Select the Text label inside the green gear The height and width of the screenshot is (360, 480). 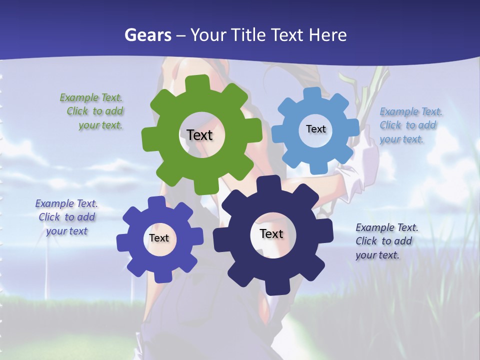coord(199,135)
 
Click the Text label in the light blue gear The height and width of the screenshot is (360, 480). coord(315,129)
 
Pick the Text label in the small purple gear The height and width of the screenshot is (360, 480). coord(159,238)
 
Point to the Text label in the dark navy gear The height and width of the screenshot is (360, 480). coord(271,233)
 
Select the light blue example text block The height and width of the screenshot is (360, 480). coord(410,125)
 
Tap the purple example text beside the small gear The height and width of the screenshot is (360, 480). coord(66,217)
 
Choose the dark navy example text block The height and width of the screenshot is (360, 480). coord(386,241)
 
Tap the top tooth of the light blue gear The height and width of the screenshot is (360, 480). coord(312,93)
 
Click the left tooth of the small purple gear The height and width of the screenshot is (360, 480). coord(122,242)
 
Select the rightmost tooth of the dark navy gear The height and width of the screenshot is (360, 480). coord(326,230)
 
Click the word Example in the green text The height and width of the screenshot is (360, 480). coord(79,97)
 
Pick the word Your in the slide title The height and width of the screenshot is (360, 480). coord(209,35)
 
